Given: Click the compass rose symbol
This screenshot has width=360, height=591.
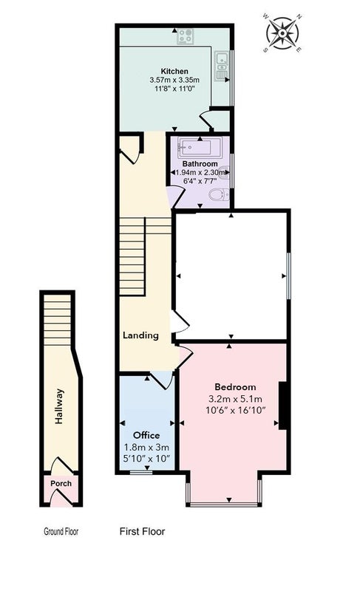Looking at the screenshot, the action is [x=282, y=33].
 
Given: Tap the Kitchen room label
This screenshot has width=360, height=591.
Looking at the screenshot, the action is [x=174, y=71].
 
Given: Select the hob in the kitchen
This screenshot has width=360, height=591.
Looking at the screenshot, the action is [x=186, y=36].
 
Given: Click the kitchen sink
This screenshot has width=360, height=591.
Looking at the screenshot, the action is [x=221, y=66].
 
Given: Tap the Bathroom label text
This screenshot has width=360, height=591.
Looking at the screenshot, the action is [x=200, y=164].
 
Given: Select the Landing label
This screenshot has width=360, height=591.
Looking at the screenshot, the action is [x=140, y=335].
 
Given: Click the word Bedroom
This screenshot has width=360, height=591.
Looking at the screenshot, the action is [x=235, y=387].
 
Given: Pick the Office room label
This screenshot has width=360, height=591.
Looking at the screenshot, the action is [x=146, y=435].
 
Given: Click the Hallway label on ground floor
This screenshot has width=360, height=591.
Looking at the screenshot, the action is [x=59, y=406].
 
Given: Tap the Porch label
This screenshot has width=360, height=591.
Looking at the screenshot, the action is [x=61, y=484].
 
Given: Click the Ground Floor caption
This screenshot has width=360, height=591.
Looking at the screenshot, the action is [x=61, y=532].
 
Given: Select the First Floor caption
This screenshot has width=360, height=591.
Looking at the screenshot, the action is [x=142, y=531].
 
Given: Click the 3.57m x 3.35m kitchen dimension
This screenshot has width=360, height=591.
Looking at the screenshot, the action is [x=174, y=80].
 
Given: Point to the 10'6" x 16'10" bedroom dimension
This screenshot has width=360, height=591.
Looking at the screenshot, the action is [x=236, y=410].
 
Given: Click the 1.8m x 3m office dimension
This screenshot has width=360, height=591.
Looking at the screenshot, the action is [x=146, y=448].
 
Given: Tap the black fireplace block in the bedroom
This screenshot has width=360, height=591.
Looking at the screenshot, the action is [x=282, y=406].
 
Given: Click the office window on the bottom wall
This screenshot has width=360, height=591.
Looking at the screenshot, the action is [x=141, y=471].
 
